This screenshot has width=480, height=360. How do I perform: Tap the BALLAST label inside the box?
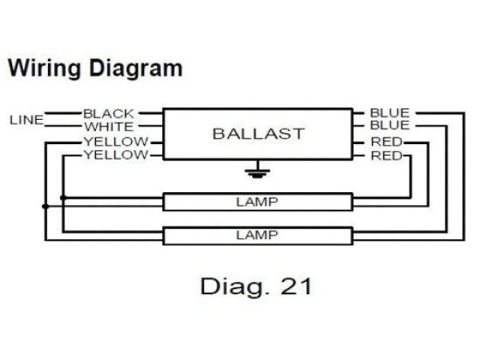(258, 134)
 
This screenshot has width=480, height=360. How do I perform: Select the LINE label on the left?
(26, 120)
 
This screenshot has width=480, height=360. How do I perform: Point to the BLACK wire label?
(109, 114)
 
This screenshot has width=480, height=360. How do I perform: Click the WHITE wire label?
(109, 127)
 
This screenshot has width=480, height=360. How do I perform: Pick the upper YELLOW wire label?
(116, 142)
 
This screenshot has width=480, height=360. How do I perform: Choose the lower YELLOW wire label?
(116, 155)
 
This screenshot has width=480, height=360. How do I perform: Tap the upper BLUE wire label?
(389, 113)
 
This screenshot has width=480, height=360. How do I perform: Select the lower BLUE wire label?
(389, 125)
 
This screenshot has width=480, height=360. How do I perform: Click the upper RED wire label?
(386, 142)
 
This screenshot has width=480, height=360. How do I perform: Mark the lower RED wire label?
(386, 156)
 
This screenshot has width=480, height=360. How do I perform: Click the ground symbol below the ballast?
(257, 172)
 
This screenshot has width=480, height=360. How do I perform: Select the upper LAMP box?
(257, 201)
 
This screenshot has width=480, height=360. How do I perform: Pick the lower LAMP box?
(257, 235)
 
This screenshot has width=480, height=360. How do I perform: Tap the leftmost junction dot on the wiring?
(46, 205)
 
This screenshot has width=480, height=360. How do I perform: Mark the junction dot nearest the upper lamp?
(64, 198)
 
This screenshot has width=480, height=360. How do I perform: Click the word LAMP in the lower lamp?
(257, 235)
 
